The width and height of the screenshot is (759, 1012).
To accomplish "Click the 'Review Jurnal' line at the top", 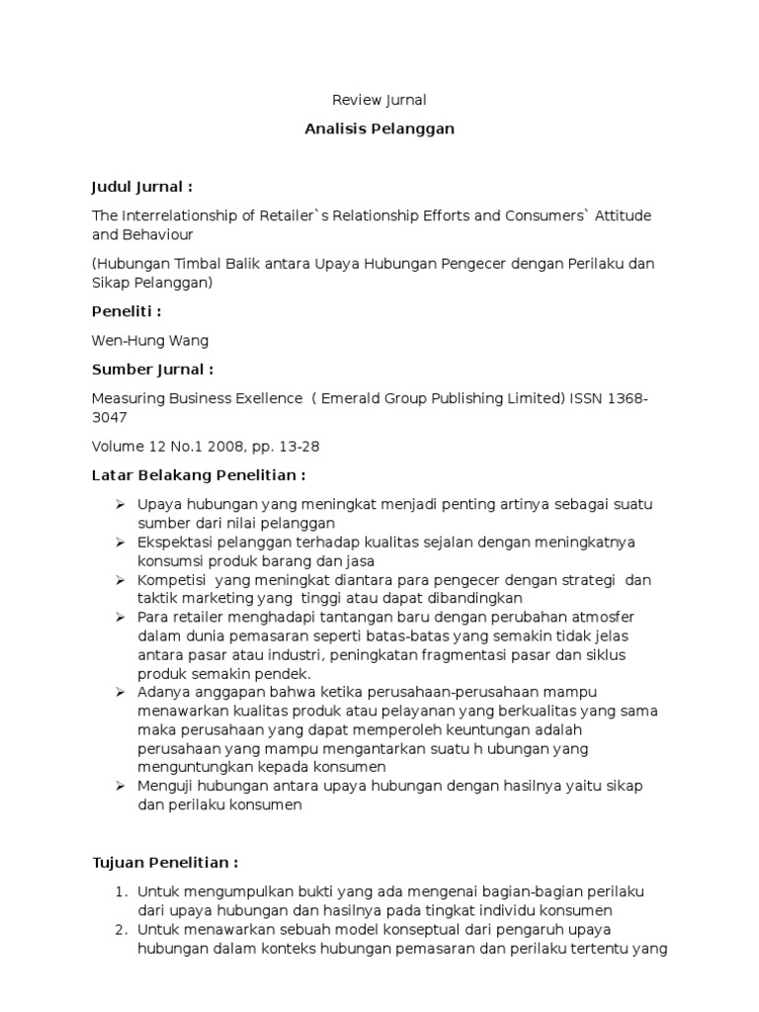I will click(379, 100).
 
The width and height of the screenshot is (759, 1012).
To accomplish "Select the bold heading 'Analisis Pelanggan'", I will click(379, 129).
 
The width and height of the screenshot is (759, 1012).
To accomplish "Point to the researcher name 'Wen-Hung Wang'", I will click(150, 341).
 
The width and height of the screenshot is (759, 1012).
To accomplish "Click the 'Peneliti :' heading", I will click(126, 311).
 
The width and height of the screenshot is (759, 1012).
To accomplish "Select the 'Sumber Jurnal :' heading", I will click(152, 369).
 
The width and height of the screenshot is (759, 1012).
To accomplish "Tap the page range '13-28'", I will click(298, 447).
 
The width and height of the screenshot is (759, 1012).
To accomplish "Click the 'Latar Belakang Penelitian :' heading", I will click(192, 475).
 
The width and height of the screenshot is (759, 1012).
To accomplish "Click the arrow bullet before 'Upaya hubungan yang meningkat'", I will click(120, 504).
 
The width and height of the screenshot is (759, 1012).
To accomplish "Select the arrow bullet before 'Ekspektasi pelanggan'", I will click(120, 543).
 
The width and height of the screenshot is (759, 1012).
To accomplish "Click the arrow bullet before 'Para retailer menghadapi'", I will click(120, 618).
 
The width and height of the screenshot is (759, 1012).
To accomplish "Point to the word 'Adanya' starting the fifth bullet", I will click(162, 693).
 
